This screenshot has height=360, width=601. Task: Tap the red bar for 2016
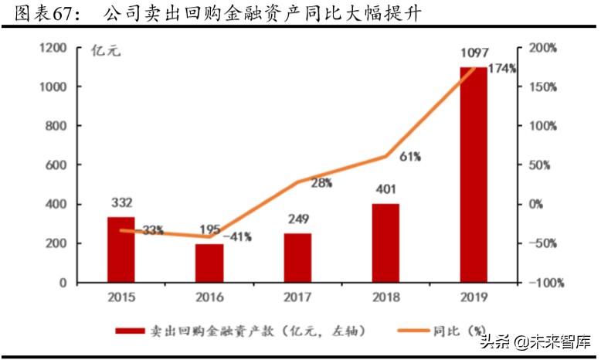coord(209,263)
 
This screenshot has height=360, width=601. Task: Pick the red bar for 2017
coord(297,257)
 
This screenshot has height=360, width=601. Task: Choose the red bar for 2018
coord(385,243)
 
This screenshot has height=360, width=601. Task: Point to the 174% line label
coord(503,69)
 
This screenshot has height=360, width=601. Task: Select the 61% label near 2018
coord(410,157)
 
